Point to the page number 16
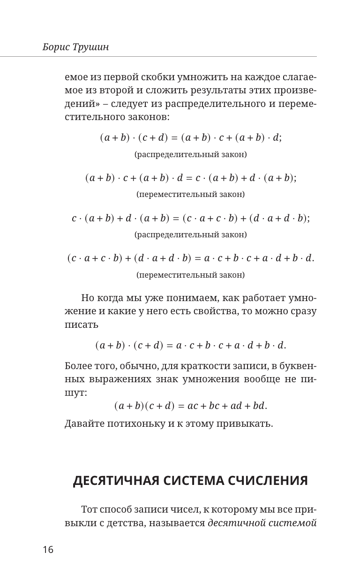pos(48,550)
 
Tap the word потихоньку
pos(134,424)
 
